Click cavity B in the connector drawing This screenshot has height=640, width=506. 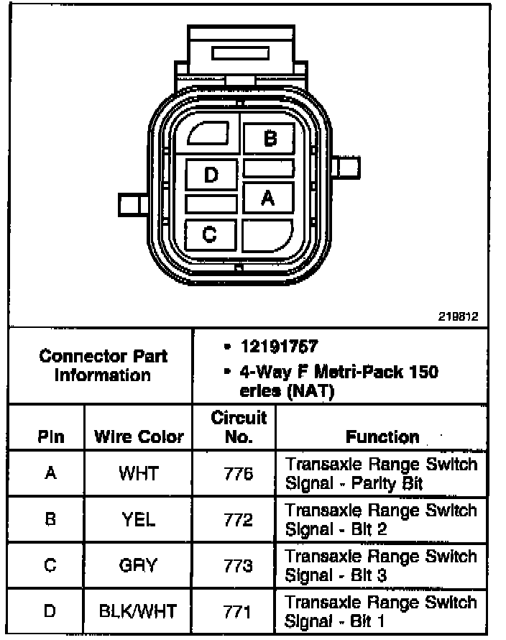[x=269, y=138]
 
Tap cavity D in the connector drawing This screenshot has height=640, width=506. [x=211, y=175]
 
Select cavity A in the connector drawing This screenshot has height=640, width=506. [x=268, y=198]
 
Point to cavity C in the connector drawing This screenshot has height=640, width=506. [x=210, y=234]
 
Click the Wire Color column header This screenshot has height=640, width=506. [x=139, y=436]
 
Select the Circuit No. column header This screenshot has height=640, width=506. [x=239, y=426]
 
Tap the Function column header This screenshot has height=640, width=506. [x=382, y=436]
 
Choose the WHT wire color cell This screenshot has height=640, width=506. [x=139, y=473]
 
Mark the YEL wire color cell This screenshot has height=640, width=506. [x=139, y=519]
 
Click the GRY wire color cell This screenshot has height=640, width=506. [x=139, y=565]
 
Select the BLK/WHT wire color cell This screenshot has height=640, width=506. [x=139, y=611]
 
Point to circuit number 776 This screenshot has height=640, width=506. [x=238, y=473]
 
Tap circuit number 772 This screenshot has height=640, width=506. [x=238, y=519]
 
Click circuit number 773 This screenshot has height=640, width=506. [x=238, y=565]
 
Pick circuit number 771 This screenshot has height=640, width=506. [x=238, y=611]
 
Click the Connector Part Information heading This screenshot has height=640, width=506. [x=103, y=365]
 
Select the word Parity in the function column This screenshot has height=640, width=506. [x=377, y=483]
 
